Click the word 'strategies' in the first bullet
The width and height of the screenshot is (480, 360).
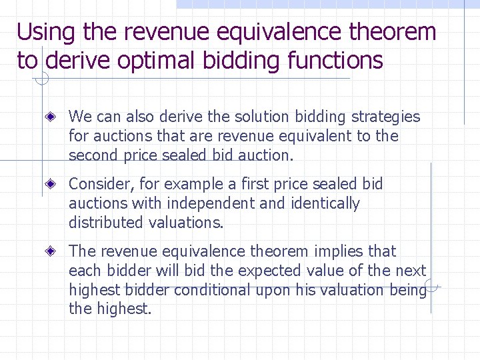pyautogui.click(x=385, y=117)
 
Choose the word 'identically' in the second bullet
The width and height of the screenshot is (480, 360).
pyautogui.click(x=325, y=203)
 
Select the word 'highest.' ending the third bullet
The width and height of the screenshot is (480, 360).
pyautogui.click(x=127, y=309)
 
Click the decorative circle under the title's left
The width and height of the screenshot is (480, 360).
pyautogui.click(x=41, y=80)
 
